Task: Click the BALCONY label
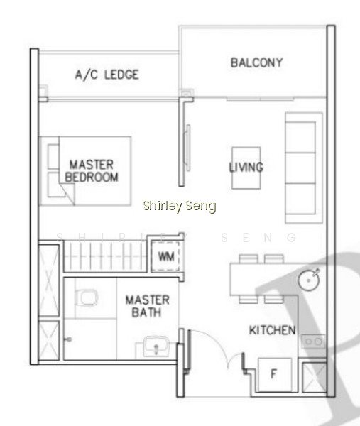[257, 62]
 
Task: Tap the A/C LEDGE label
[107, 75]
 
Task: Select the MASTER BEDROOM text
[92, 171]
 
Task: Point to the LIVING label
[246, 167]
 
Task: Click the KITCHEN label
[272, 330]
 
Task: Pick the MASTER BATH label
[147, 306]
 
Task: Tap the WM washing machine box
[165, 256]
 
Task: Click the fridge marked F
[274, 375]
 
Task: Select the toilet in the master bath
[87, 297]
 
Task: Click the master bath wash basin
[156, 346]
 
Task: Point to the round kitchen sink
[309, 280]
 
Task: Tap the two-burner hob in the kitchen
[313, 342]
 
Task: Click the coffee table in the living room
[246, 168]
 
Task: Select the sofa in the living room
[304, 168]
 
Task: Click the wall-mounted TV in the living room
[187, 148]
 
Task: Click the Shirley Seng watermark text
[180, 206]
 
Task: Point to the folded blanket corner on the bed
[67, 193]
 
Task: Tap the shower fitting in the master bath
[68, 339]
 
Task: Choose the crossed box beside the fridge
[314, 378]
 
